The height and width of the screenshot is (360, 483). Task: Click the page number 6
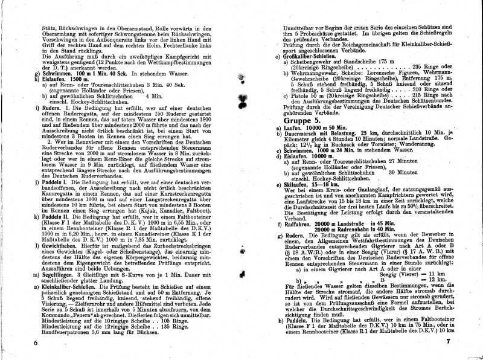pyautogui.click(x=36, y=342)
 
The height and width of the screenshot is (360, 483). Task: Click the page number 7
pyautogui.click(x=457, y=343)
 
